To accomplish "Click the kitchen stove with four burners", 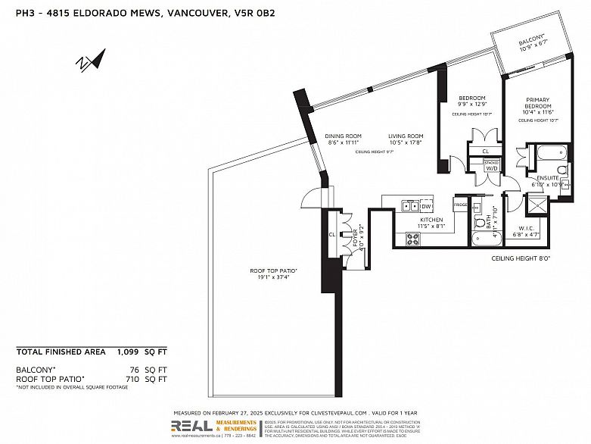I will pos(414,239).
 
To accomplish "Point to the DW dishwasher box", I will pos(426,206).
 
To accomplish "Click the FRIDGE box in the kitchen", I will pos(460,205).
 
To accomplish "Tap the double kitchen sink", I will pos(409,206).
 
